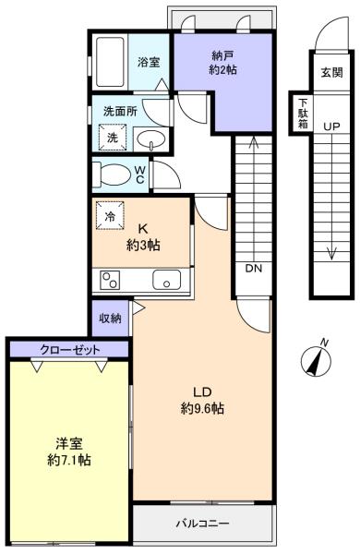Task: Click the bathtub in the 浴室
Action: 110,62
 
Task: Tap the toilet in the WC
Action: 112,175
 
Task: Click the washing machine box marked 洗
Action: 113,137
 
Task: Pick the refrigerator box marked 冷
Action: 110,215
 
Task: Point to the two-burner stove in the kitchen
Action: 110,280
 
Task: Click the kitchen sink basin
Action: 166,279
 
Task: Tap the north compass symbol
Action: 317,359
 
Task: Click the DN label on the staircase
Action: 254,269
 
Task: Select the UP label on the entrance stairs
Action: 331,126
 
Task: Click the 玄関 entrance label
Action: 331,72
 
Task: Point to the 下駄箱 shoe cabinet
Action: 301,113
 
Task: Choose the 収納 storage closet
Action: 110,319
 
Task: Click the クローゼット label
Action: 69,350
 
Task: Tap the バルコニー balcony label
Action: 202,523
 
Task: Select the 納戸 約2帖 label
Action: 222,63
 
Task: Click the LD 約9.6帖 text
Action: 202,401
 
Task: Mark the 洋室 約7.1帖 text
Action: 69,452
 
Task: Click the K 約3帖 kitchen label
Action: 143,236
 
